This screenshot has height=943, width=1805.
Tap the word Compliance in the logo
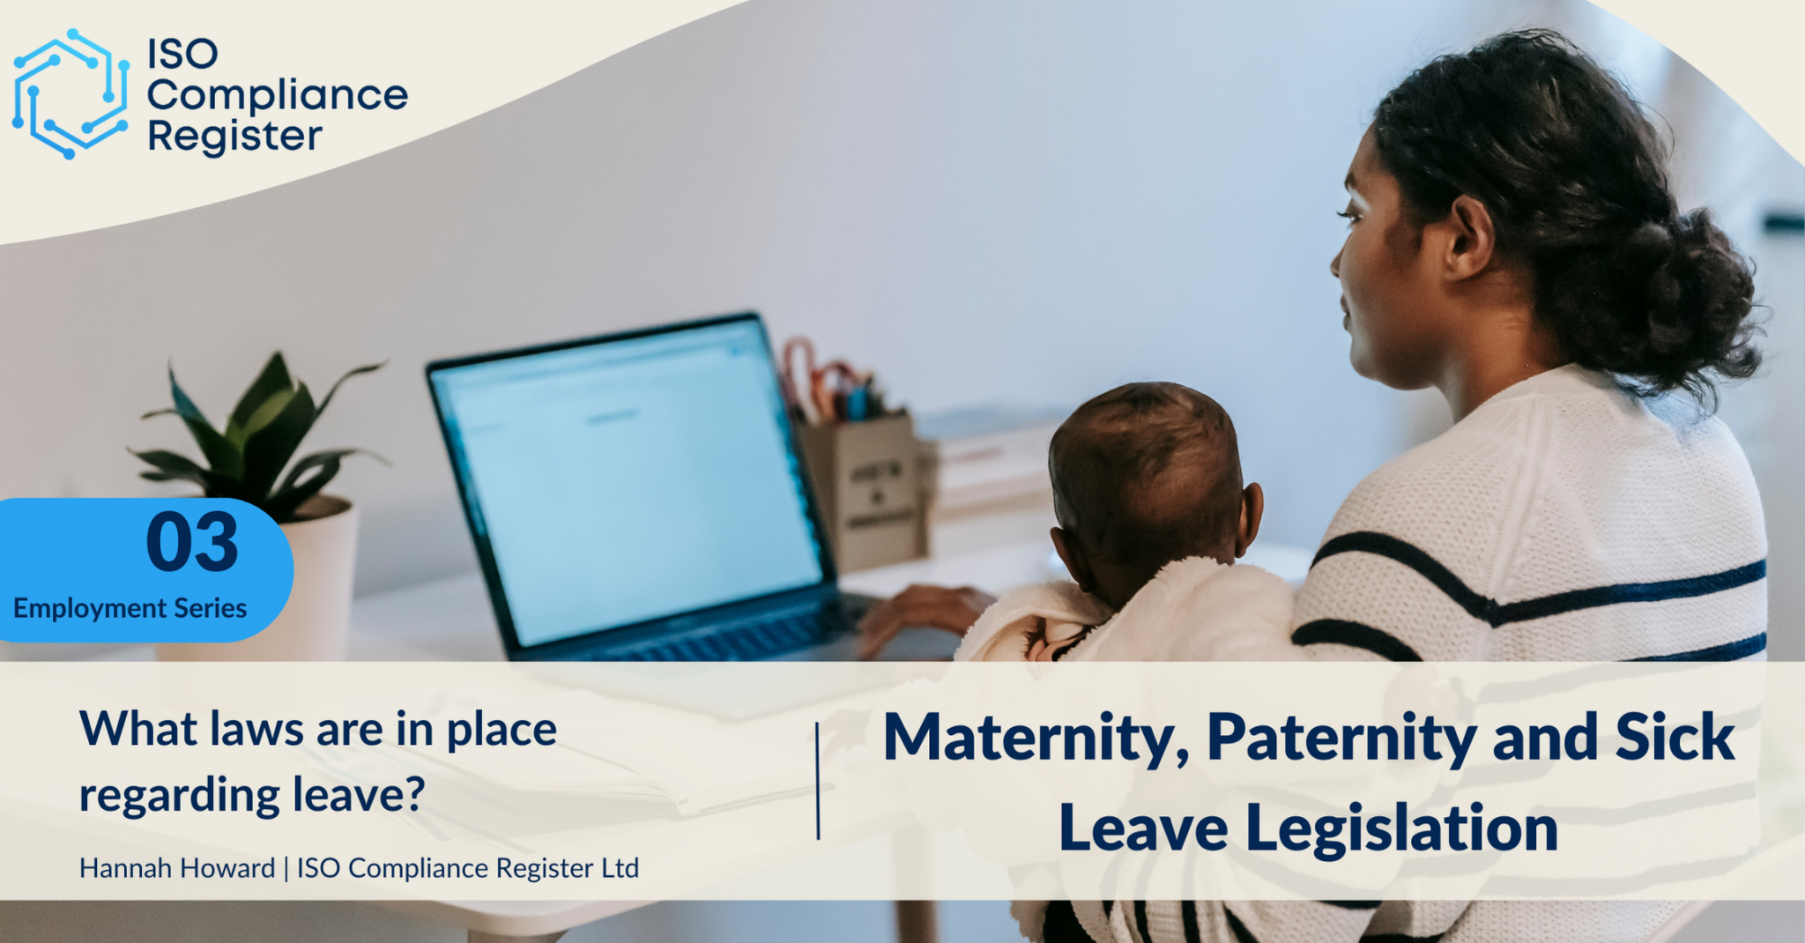[x=277, y=95]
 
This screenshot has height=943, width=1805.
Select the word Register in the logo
[x=234, y=137]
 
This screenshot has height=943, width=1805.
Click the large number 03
[x=192, y=543]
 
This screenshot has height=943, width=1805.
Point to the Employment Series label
[x=130, y=608]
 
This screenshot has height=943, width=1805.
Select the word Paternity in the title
[x=1341, y=739]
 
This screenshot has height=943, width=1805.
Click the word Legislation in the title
[x=1401, y=828]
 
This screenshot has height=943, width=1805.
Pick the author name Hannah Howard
[x=176, y=868]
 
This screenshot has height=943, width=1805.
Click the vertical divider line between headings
[x=818, y=781]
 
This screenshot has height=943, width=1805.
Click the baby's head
[x=1146, y=467]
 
